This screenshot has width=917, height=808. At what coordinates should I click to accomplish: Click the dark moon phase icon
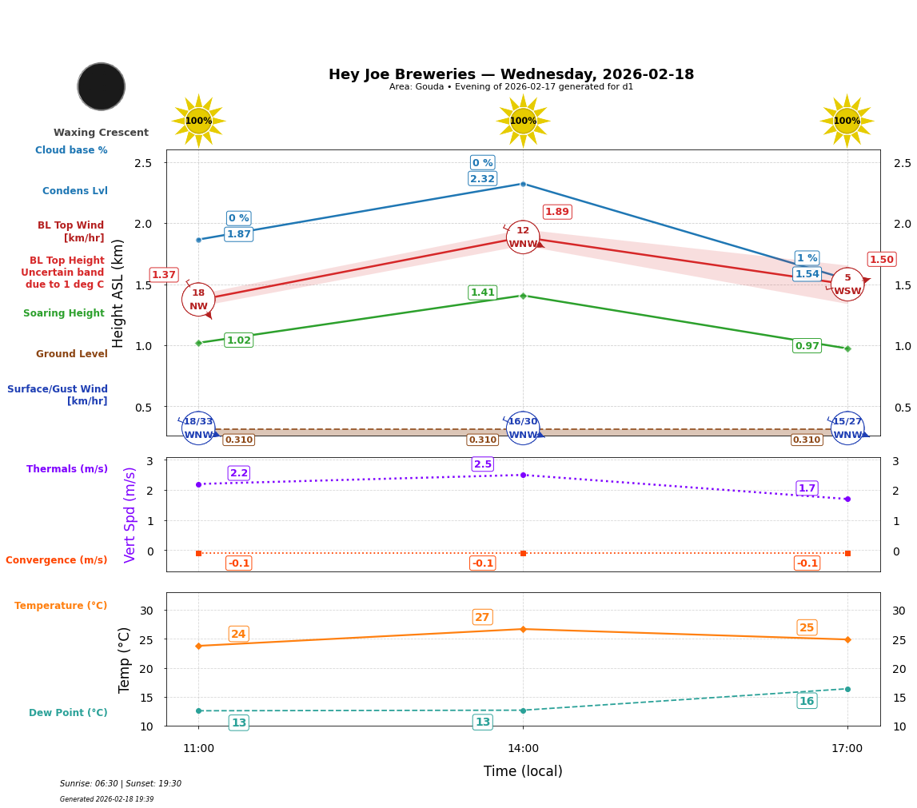coord(102,86)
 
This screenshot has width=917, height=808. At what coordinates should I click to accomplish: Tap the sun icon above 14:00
coord(523,121)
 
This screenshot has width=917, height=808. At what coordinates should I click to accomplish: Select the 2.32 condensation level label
coord(482,179)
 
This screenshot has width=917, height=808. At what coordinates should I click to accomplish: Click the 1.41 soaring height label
coord(482,293)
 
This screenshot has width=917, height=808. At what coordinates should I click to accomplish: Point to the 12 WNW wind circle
coord(523,237)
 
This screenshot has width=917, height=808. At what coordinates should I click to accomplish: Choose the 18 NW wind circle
coord(198,300)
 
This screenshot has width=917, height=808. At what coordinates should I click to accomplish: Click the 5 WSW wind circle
coord(847,285)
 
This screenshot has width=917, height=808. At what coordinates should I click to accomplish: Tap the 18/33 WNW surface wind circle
coord(198,428)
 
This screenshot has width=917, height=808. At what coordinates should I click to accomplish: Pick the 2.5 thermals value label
coord(482,464)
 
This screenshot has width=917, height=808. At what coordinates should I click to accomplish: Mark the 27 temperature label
coord(482,617)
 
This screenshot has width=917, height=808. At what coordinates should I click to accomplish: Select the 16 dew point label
coord(807,701)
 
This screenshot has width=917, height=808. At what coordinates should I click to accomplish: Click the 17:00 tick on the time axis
coord(847,749)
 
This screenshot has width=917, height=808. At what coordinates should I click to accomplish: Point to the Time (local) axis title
coord(523,771)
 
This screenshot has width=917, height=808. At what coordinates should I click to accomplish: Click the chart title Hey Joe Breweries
coord(511,74)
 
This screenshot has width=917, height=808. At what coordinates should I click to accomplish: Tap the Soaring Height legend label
coord(64,313)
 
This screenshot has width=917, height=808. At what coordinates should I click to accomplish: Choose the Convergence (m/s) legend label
coord(57,560)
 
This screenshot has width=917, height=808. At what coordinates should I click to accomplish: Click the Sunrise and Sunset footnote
coord(121,784)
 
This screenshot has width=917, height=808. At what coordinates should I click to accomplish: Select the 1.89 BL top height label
coord(556,212)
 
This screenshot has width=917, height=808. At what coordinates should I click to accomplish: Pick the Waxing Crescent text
coord(101,133)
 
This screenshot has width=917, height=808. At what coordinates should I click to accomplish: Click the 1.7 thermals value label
coord(807,488)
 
